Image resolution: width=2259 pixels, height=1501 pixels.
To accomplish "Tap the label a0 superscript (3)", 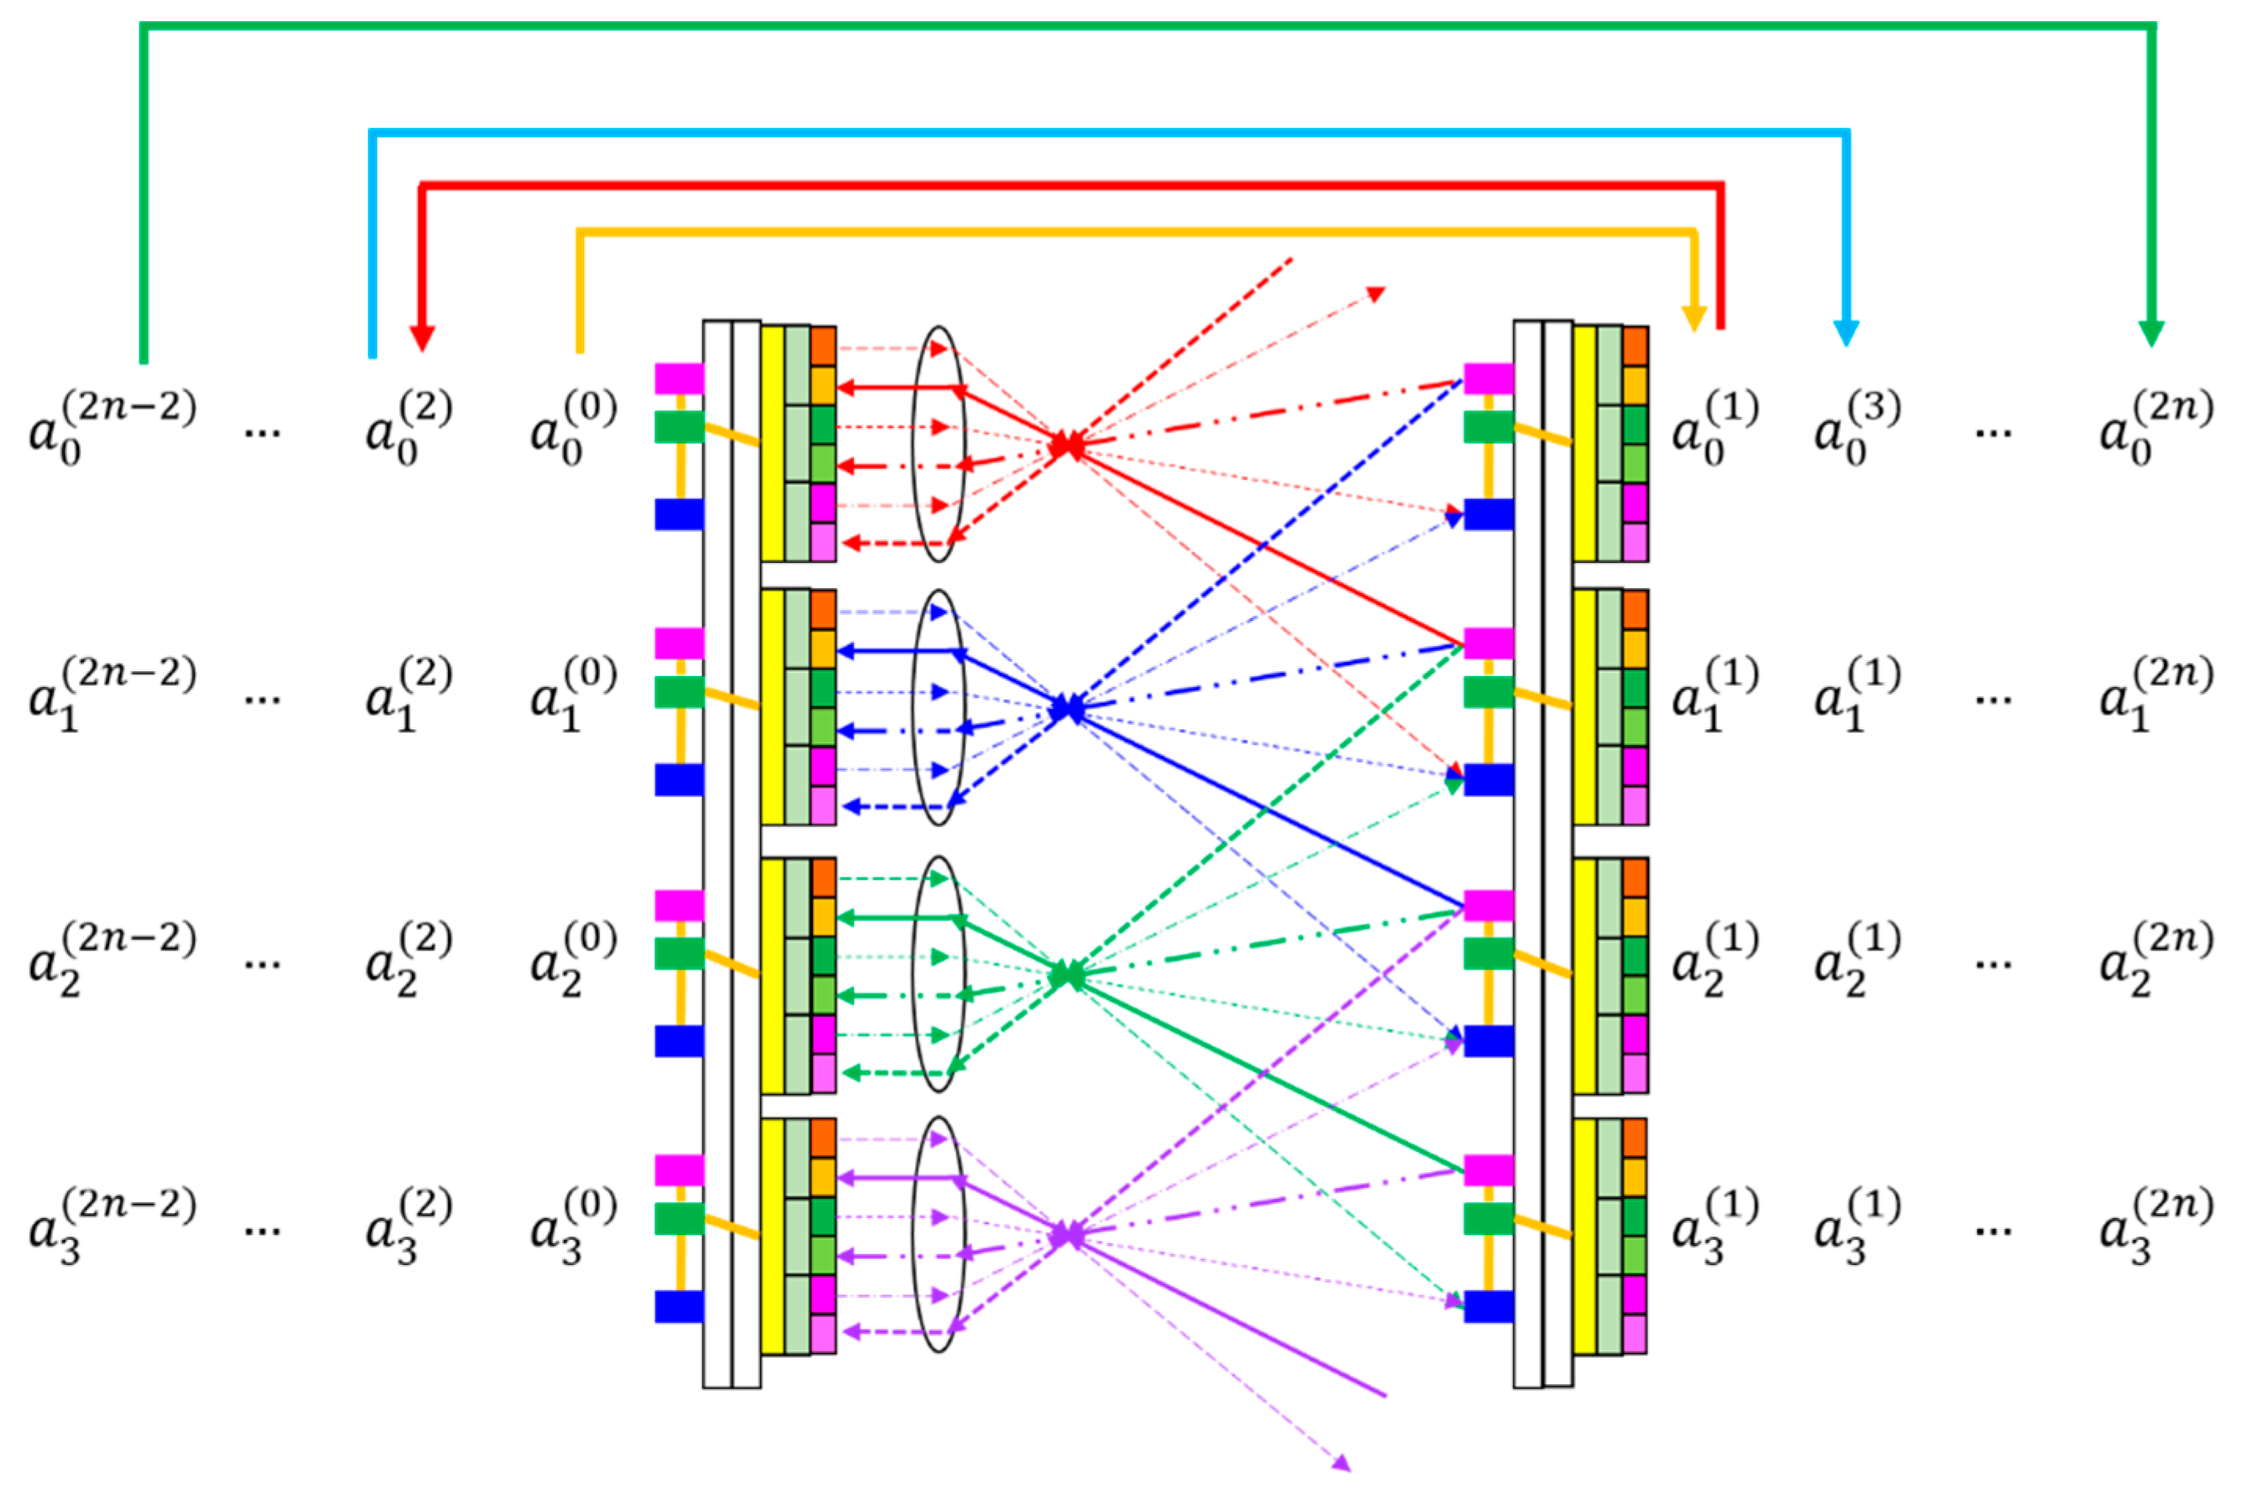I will [1856, 428].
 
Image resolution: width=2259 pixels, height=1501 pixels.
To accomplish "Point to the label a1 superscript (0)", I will [573, 694].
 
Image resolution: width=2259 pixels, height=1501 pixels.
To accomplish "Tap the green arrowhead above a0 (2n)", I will [2151, 333].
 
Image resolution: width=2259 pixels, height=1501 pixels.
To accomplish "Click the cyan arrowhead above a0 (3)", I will [1846, 333].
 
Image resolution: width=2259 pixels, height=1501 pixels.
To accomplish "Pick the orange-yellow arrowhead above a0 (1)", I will [1694, 318].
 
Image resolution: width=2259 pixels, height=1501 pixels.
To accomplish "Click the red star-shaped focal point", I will [1067, 445].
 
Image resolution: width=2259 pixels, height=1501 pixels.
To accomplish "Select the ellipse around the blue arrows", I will [938, 707].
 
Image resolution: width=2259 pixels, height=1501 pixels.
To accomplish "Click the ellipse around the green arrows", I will [938, 973].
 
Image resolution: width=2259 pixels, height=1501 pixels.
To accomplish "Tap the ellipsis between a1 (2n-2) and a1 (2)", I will [261, 700].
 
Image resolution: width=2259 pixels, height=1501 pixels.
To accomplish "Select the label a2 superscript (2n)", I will [2155, 959].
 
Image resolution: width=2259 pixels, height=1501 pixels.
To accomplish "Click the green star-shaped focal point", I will [1067, 976].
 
